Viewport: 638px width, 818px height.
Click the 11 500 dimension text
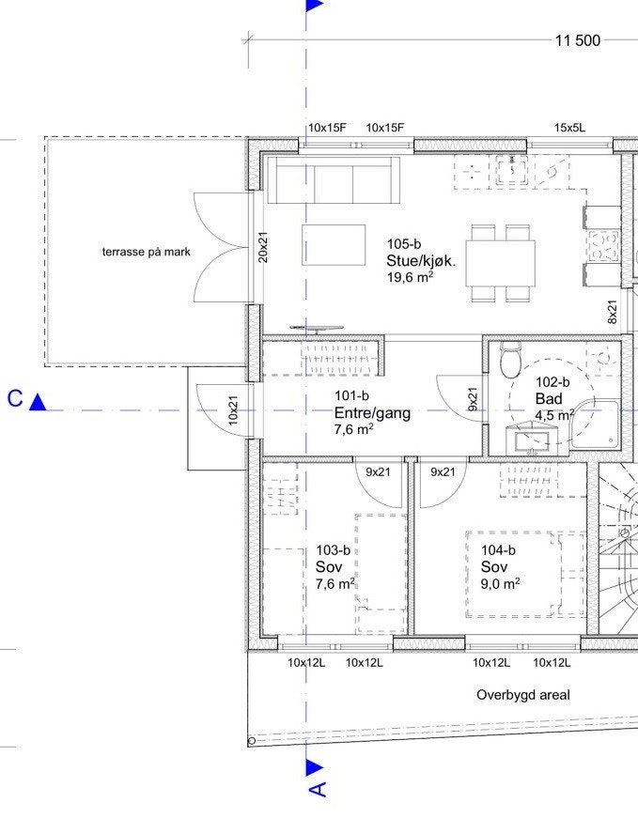click(x=578, y=40)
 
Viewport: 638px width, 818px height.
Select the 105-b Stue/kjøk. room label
click(x=420, y=261)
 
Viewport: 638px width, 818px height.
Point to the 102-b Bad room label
click(x=553, y=398)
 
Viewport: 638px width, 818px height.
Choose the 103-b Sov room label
click(x=335, y=566)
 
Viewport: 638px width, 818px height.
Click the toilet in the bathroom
click(x=510, y=359)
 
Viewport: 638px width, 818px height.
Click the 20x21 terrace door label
click(x=263, y=247)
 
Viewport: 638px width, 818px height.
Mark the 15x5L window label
click(x=569, y=128)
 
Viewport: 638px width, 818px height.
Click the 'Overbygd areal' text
click(x=522, y=696)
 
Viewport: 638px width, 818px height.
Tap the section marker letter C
click(x=15, y=399)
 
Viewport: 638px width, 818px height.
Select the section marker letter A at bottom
click(x=319, y=789)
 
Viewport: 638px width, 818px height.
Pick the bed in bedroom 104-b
click(x=524, y=574)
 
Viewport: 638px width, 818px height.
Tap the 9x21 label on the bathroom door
click(x=473, y=399)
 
